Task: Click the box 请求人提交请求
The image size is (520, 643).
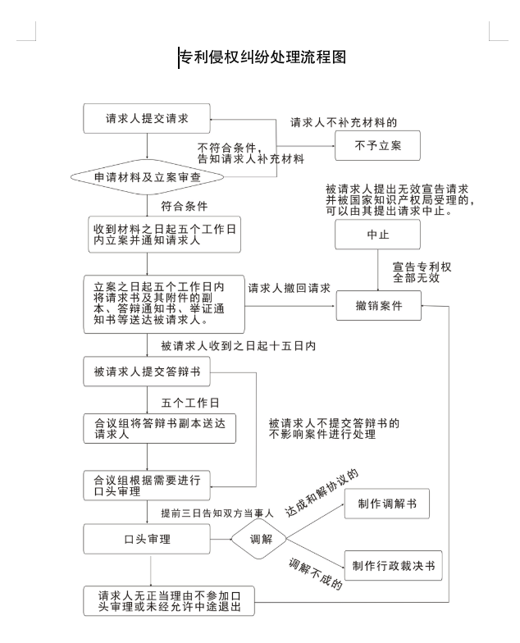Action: pos(147,119)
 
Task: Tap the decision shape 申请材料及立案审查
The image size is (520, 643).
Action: pos(147,176)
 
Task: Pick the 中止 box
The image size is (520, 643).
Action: pos(376,235)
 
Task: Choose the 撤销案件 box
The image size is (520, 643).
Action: pos(376,305)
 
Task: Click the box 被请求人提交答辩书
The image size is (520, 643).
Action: pos(147,373)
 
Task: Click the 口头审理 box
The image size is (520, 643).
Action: pos(147,540)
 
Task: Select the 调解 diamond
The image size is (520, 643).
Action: pos(261,540)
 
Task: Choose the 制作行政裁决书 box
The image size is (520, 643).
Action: pos(393,566)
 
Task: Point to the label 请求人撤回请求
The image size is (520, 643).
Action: pos(289,289)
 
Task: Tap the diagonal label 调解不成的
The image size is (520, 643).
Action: pos(315,575)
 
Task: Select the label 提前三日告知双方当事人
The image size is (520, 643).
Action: pos(212,513)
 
